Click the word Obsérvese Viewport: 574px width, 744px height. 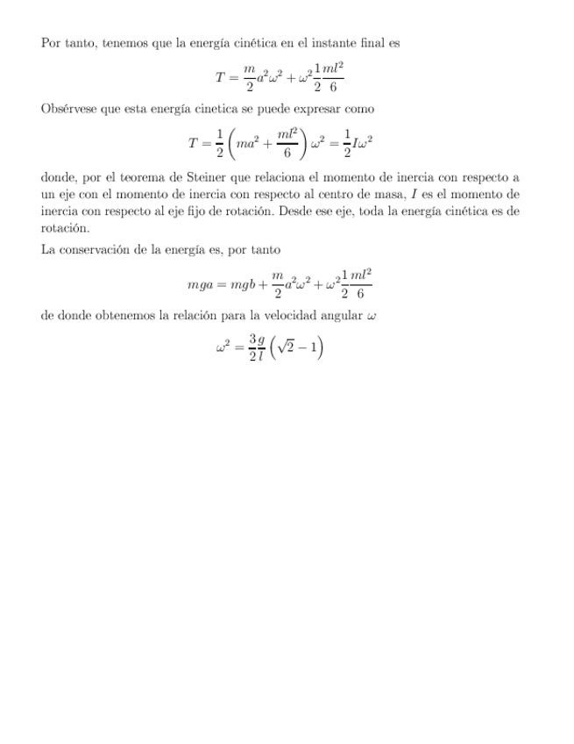(x=69, y=109)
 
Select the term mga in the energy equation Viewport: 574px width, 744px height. (x=200, y=285)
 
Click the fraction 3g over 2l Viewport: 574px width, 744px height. (x=256, y=349)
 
